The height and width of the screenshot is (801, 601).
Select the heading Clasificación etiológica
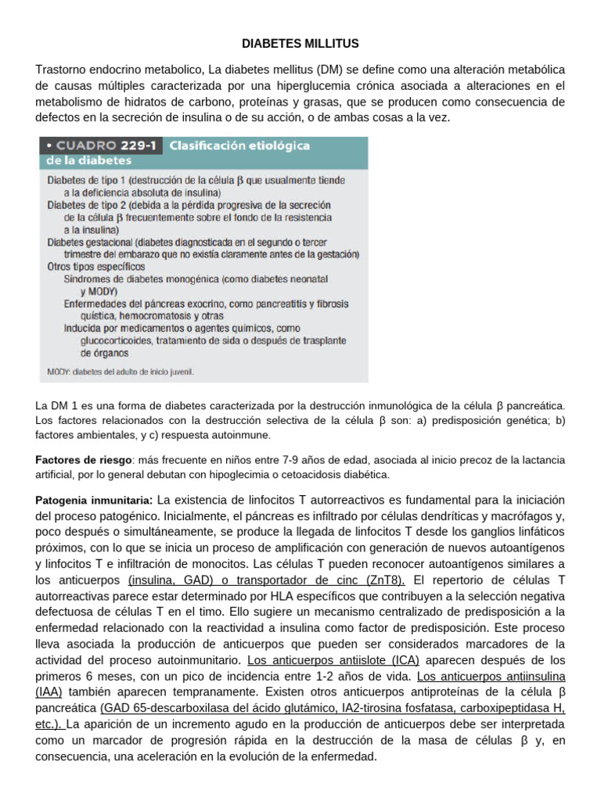point(229,145)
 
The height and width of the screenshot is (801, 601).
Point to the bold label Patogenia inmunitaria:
point(94,499)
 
